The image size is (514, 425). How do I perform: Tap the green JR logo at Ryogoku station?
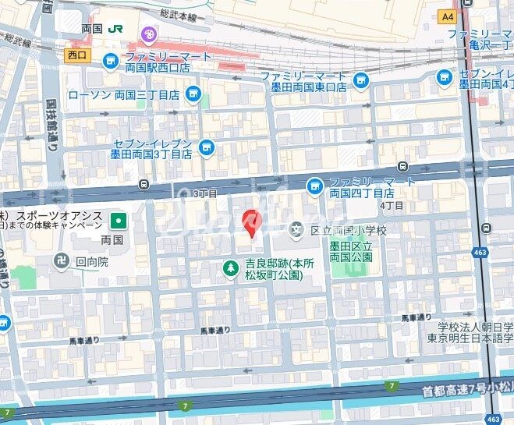pos(116,28)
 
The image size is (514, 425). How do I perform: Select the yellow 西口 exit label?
pos(77,55)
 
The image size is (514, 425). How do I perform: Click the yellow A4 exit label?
pos(447,16)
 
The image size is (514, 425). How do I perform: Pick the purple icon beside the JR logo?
pos(147,34)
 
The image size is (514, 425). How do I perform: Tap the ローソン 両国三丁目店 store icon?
pos(193,95)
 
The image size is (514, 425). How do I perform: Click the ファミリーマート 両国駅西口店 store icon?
pos(111,59)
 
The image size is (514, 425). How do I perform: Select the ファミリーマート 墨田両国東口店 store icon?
pos(360,79)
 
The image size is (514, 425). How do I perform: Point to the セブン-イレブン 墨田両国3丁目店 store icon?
pos(206,147)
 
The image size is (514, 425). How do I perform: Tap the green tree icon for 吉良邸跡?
pos(231,270)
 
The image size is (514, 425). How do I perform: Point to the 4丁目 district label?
pos(392,205)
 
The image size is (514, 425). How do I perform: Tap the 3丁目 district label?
pos(205,193)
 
